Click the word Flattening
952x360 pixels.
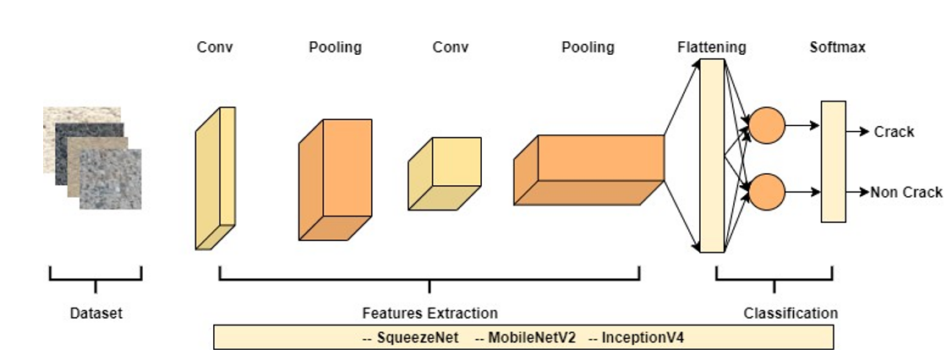tap(711, 47)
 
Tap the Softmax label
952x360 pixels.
tap(837, 47)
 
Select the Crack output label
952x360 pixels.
tap(894, 132)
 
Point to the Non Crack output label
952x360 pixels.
tap(906, 193)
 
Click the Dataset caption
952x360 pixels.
tap(96, 314)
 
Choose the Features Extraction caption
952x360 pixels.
tap(429, 314)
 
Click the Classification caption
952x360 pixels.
tap(791, 314)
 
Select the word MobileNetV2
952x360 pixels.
tap(525, 338)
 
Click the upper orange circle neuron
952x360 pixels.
tap(767, 126)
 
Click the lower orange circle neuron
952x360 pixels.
tap(767, 192)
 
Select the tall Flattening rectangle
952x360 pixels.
tap(712, 155)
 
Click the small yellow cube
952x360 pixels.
tap(444, 174)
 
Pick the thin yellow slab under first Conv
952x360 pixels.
tap(216, 179)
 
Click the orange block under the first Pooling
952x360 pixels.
tap(335, 180)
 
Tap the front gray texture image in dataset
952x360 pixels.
tap(111, 180)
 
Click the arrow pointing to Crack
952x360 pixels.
tap(858, 131)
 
